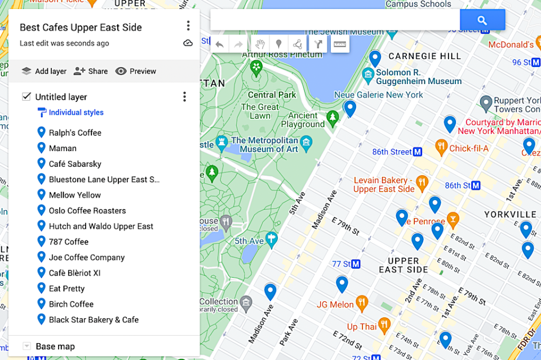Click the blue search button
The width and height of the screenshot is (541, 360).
pyautogui.click(x=482, y=20)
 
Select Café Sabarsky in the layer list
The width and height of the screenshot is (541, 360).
pyautogui.click(x=75, y=164)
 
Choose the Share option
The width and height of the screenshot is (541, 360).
pyautogui.click(x=91, y=71)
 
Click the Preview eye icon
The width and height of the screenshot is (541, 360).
pyautogui.click(x=121, y=71)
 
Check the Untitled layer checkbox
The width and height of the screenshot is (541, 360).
pyautogui.click(x=26, y=96)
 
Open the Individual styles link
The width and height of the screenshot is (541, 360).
pyautogui.click(x=76, y=113)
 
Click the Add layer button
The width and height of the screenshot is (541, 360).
pyautogui.click(x=44, y=71)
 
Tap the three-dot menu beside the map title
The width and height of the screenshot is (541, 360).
pyautogui.click(x=188, y=26)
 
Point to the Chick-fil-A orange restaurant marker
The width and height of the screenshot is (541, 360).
pyautogui.click(x=442, y=148)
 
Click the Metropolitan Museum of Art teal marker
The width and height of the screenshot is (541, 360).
pyautogui.click(x=306, y=141)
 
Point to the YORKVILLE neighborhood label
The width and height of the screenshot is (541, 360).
pyautogui.click(x=511, y=215)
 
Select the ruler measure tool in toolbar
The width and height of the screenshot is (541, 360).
pyautogui.click(x=339, y=44)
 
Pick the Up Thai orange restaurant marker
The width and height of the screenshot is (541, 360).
pyautogui.click(x=384, y=325)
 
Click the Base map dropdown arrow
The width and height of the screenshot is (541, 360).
pyautogui.click(x=26, y=346)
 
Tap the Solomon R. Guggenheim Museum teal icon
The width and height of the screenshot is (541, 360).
pyautogui.click(x=369, y=74)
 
